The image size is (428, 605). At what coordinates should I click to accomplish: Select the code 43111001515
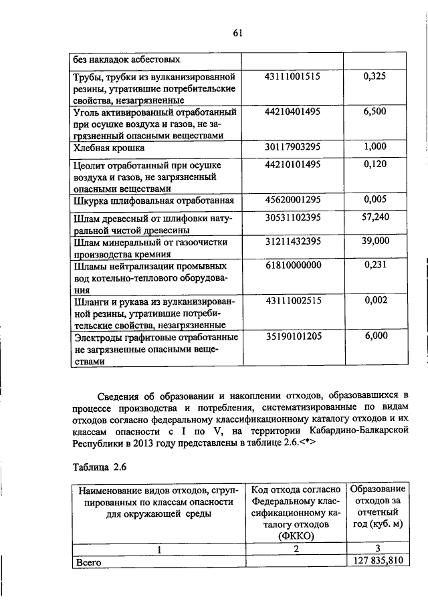293,77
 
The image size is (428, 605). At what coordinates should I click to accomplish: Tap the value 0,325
374,77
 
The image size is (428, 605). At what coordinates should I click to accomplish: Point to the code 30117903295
293,147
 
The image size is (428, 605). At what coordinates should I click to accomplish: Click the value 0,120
374,164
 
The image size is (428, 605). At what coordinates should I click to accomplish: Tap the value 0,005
374,199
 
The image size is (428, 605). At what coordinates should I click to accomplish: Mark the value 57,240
374,217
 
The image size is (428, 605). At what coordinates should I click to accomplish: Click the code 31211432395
293,241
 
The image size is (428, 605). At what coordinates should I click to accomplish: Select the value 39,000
374,241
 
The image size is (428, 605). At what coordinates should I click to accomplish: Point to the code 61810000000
293,265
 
